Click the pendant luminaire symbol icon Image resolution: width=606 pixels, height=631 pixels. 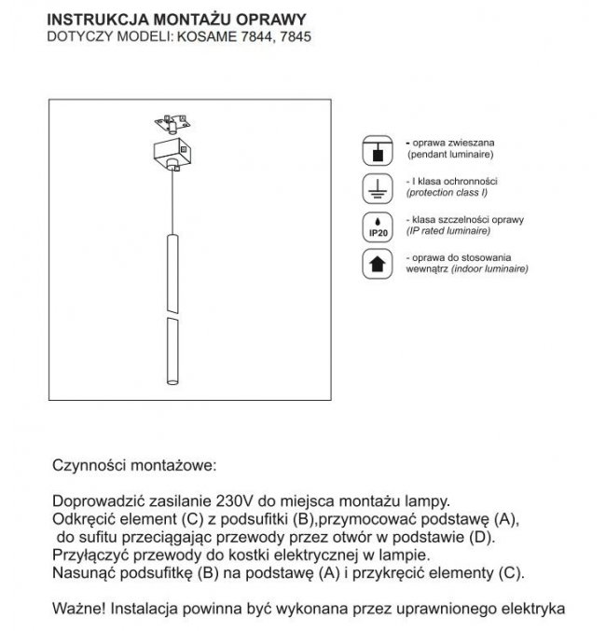(x=378, y=149)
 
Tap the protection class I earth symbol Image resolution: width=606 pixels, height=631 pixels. (x=378, y=186)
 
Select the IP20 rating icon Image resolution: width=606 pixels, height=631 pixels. (x=378, y=225)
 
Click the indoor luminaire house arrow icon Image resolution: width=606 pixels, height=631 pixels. (x=378, y=264)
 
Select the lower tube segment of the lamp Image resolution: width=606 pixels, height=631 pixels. (x=172, y=350)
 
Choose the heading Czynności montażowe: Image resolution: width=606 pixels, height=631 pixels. (x=133, y=462)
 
